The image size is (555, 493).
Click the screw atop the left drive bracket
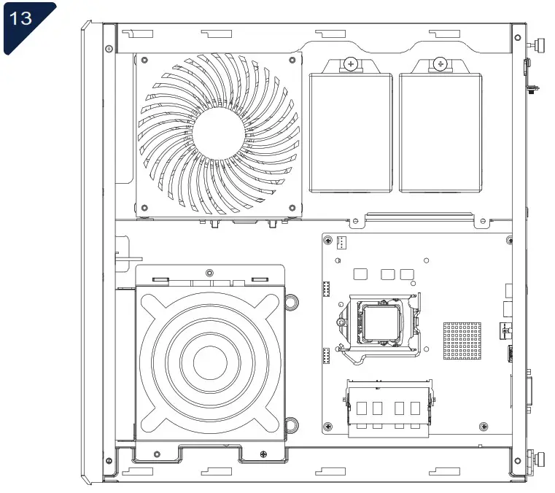pos(351,64)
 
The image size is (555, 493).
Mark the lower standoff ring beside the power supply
pos(291,425)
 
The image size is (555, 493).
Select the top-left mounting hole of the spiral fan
pos(144,62)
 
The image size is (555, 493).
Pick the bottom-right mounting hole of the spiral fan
pos(292,208)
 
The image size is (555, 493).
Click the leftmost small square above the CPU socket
pos(359,274)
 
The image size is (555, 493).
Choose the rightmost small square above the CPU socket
pos(408,274)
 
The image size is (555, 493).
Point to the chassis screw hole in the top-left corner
pos(109,49)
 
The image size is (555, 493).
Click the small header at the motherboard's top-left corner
pos(342,242)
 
